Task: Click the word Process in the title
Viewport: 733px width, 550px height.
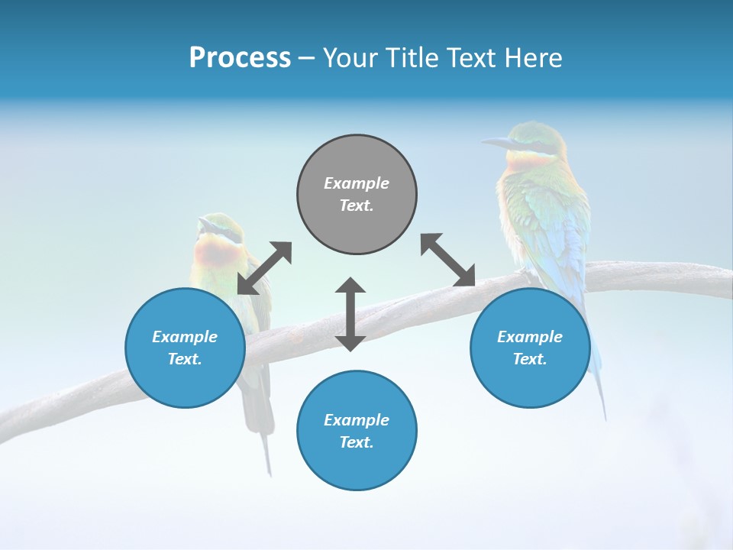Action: point(240,58)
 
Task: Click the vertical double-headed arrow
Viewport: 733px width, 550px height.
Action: point(350,314)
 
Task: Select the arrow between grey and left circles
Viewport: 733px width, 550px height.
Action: point(264,268)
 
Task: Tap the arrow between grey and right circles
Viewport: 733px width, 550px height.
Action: point(448,260)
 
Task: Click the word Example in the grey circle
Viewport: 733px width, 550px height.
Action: point(357,183)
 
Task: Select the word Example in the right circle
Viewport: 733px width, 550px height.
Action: point(530,337)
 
